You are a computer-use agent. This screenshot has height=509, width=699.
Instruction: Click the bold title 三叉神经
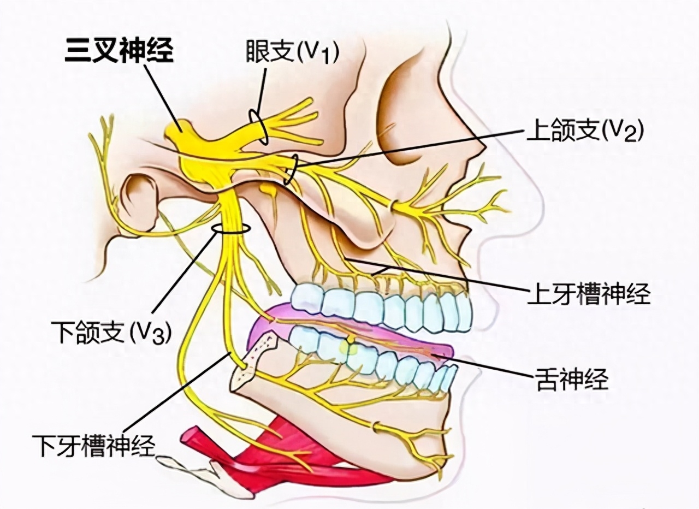tap(119, 52)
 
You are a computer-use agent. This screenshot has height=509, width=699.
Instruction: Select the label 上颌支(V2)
tap(585, 131)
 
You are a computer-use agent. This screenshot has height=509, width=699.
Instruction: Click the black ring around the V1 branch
tap(258, 127)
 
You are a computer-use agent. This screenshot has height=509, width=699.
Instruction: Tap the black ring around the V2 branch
tap(291, 169)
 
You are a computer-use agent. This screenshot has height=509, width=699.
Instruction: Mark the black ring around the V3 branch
tap(231, 229)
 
